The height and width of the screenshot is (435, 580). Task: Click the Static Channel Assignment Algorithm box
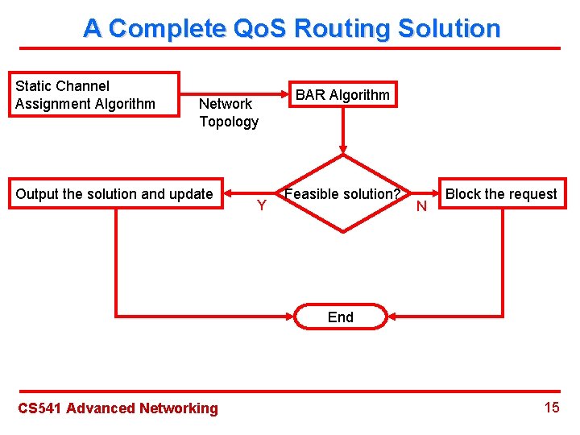tap(93, 95)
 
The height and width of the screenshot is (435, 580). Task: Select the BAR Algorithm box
tap(342, 95)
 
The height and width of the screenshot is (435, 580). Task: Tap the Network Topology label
tap(229, 113)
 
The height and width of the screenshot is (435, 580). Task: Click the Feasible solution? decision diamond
tap(343, 194)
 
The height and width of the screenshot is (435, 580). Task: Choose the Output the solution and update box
tap(115, 194)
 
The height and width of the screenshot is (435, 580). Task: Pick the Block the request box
tap(500, 194)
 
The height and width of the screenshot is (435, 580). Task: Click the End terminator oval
tap(341, 317)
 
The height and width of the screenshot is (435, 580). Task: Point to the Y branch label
tap(262, 206)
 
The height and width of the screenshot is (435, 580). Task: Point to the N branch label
tap(420, 207)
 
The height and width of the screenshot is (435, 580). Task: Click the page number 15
tap(552, 407)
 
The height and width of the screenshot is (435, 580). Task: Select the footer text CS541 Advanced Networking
tap(118, 408)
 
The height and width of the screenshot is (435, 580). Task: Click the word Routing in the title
tap(337, 29)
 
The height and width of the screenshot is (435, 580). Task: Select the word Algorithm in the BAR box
tap(359, 95)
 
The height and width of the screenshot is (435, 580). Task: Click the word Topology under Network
tap(229, 122)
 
